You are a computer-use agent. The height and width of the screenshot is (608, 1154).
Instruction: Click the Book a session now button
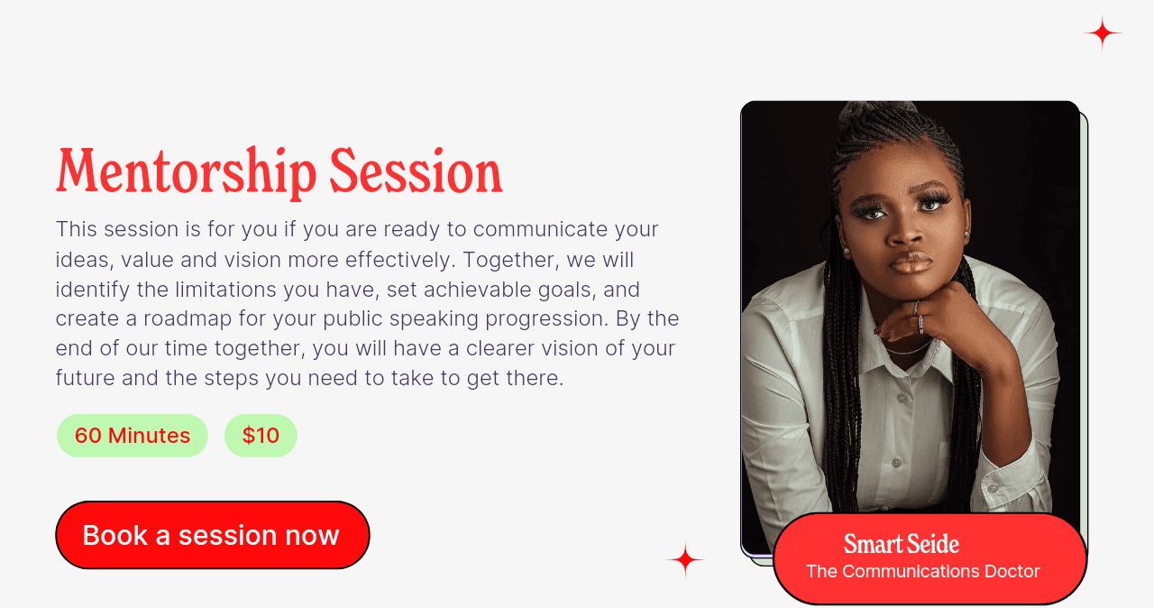click(212, 535)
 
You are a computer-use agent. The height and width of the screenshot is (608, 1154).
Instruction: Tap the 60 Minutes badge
click(133, 436)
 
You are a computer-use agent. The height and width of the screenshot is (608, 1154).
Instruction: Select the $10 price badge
click(261, 436)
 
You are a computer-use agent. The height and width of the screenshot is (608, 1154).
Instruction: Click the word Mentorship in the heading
click(186, 171)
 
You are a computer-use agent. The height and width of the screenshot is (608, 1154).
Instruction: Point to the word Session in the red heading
click(416, 171)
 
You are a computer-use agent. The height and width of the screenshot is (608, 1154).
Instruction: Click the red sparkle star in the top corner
click(1102, 33)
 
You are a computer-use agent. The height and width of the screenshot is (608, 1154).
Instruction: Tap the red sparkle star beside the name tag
click(685, 559)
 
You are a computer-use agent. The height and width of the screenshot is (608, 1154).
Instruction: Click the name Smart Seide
click(901, 544)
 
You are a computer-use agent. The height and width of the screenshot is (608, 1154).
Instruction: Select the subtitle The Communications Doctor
click(922, 571)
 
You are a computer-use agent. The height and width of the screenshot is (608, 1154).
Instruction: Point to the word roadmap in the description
click(188, 319)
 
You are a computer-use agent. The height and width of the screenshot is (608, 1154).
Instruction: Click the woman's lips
click(911, 263)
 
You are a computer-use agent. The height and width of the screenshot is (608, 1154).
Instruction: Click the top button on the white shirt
click(902, 398)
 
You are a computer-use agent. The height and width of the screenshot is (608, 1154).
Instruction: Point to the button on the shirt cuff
click(993, 486)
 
